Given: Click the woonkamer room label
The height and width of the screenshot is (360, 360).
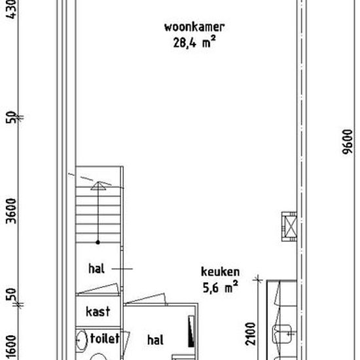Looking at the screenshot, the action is click(x=194, y=27).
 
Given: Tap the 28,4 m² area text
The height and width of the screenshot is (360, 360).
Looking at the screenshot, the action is click(x=194, y=42).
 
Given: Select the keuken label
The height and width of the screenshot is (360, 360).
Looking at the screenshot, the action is click(x=220, y=272).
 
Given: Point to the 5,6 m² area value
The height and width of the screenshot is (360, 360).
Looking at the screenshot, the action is click(x=220, y=287).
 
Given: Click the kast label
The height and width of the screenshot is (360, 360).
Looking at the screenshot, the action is click(x=98, y=312).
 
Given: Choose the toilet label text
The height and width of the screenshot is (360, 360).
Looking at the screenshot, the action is click(x=105, y=338).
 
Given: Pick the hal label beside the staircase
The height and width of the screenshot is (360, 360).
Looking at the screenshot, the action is click(x=96, y=268).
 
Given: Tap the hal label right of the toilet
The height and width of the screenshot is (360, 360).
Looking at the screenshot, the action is click(x=155, y=340).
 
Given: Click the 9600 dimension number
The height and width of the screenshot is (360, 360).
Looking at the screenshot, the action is click(x=347, y=141).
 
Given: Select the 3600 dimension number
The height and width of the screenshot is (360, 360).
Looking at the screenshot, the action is click(x=11, y=211).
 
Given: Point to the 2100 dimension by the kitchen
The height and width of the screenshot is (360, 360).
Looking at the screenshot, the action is click(x=250, y=334).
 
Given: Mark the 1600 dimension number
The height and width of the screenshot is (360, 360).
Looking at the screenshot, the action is click(x=11, y=347).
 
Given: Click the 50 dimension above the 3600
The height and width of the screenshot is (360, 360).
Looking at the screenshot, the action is click(x=10, y=117).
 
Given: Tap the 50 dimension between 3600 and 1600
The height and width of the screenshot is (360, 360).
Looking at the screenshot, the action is click(x=11, y=295).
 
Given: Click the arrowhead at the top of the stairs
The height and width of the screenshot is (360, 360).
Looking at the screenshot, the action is click(x=98, y=186).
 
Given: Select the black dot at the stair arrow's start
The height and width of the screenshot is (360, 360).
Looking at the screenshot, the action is click(x=98, y=242).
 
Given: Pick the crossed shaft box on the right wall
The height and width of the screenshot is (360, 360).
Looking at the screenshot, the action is click(x=289, y=226).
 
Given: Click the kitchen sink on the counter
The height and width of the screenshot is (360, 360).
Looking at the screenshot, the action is click(x=282, y=334).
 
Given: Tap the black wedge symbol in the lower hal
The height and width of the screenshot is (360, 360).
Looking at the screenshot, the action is click(x=191, y=332).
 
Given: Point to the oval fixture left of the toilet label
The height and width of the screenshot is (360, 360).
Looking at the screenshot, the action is click(x=82, y=340).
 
